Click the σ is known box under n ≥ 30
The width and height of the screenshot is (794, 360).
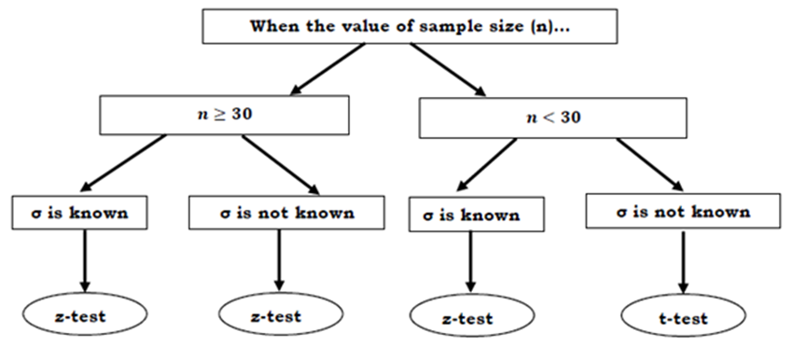click(84, 213)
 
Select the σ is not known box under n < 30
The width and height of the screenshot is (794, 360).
click(681, 212)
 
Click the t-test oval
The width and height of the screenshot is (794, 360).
click(681, 319)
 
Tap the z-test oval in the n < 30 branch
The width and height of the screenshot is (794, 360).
click(466, 319)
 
